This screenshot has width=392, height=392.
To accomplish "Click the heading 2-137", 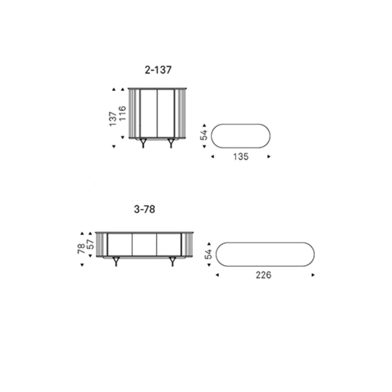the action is [x=158, y=70].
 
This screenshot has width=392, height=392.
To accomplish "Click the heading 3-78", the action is [x=145, y=209].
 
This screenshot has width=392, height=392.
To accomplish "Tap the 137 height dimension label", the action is [x=113, y=119].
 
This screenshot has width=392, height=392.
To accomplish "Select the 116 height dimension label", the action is [x=122, y=114].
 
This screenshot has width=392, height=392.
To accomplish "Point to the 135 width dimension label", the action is [x=241, y=157].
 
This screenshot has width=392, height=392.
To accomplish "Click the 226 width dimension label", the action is [x=263, y=275].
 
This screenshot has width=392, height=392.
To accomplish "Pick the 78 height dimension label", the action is [x=82, y=249].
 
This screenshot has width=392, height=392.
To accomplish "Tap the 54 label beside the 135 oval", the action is [x=204, y=135].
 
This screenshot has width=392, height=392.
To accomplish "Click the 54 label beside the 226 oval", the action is [x=209, y=254].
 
